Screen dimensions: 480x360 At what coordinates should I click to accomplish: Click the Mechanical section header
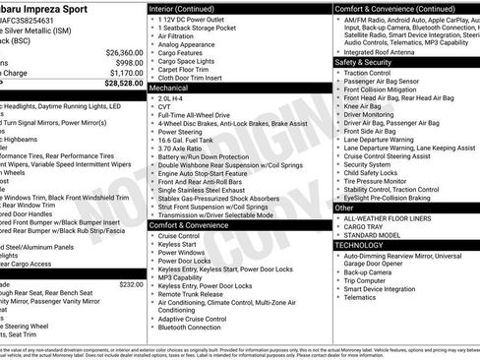tap(169, 88)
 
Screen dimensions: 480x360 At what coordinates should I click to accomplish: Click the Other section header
tap(344, 208)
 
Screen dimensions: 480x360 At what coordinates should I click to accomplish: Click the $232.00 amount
tap(131, 284)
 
